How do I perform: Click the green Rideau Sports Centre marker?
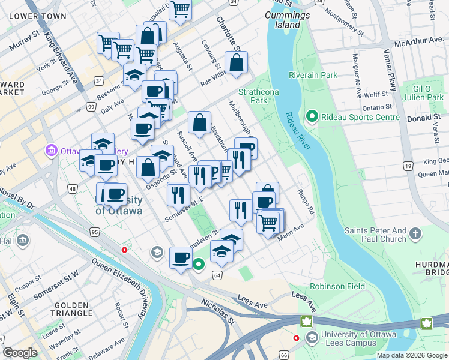click(312, 116)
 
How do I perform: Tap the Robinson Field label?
click(337, 286)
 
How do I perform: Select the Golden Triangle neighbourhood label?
click(73, 310)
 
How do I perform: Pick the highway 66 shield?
click(285, 356)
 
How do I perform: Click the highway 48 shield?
click(71, 189)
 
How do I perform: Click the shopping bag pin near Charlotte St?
click(237, 62)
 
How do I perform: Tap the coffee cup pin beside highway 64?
click(181, 259)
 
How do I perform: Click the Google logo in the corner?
click(20, 353)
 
